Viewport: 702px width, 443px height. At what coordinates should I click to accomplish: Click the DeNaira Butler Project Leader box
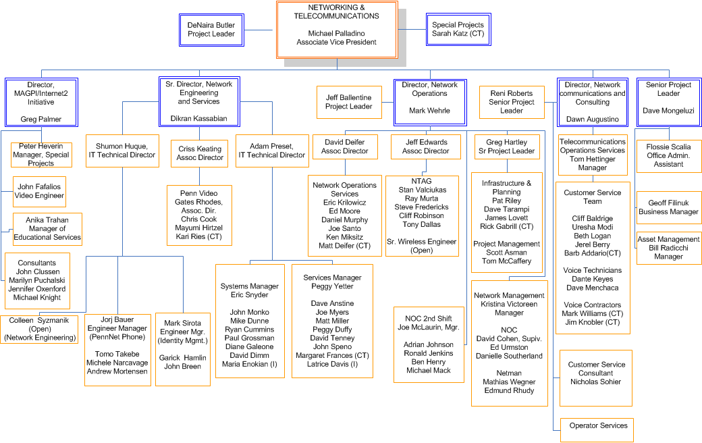point(211,30)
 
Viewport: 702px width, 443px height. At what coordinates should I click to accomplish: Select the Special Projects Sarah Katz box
point(458,29)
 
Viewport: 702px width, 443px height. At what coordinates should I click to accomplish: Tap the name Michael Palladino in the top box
point(336,34)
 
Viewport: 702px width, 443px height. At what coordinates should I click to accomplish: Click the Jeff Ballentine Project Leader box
point(349,102)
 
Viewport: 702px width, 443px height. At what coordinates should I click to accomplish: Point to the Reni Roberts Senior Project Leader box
point(512,102)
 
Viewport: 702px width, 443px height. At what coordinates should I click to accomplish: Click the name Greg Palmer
point(40,119)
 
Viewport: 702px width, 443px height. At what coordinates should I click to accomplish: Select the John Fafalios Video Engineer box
point(39,191)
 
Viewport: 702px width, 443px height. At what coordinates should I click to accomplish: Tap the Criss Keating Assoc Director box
point(200,153)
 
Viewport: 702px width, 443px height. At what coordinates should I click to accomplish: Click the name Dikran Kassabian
point(198,119)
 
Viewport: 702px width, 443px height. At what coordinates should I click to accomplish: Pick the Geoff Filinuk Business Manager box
point(669,207)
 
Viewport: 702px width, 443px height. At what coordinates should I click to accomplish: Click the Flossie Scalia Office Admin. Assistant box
point(669,155)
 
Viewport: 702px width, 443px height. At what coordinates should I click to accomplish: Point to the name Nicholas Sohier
point(595,382)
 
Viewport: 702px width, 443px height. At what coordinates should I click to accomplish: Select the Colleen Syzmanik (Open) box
point(39,330)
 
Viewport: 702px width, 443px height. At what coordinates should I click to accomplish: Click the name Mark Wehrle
point(430,111)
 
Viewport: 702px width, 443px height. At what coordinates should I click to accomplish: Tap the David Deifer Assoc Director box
point(345,147)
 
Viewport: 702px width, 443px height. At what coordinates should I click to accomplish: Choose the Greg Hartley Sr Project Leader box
point(507,147)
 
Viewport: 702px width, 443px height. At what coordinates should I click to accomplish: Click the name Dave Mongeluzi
point(668,111)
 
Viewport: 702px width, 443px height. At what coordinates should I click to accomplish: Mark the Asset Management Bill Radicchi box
point(669,248)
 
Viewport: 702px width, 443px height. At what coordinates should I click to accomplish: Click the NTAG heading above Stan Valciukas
point(422,181)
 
